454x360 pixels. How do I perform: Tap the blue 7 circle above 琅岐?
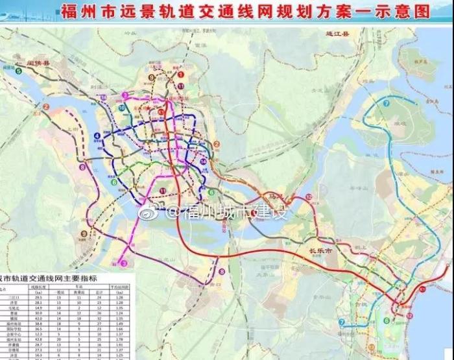[x=387, y=103]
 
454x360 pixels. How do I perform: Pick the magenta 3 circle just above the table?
[x=123, y=263]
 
